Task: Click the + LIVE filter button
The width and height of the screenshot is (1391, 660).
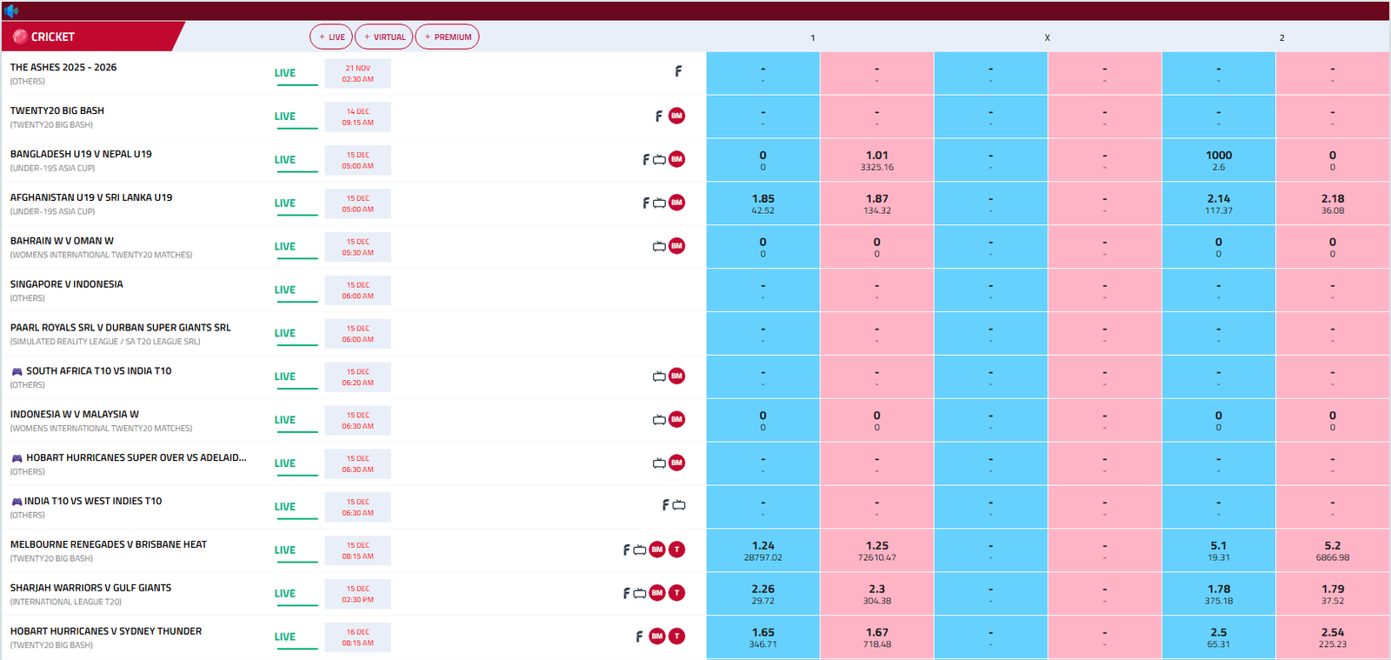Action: pyautogui.click(x=331, y=37)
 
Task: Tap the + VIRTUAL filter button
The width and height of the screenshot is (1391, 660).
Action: pyautogui.click(x=384, y=37)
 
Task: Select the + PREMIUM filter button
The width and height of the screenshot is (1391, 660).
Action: pyautogui.click(x=447, y=37)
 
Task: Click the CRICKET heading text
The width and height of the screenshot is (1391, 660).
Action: pyautogui.click(x=52, y=37)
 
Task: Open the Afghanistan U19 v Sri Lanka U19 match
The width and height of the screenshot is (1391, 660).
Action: pyautogui.click(x=91, y=198)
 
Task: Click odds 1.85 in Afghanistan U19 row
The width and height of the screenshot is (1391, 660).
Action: pyautogui.click(x=762, y=203)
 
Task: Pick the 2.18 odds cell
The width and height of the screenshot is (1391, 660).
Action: pyautogui.click(x=1332, y=203)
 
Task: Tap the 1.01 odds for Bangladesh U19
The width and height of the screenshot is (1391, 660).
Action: pyautogui.click(x=876, y=160)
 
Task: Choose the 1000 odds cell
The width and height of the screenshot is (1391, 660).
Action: pyautogui.click(x=1218, y=160)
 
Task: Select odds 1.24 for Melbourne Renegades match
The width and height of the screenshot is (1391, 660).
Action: pyautogui.click(x=762, y=550)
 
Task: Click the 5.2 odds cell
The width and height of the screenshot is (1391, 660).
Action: pyautogui.click(x=1332, y=550)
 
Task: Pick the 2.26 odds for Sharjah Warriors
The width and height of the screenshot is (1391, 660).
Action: pyautogui.click(x=762, y=594)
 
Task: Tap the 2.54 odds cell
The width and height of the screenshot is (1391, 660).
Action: pyautogui.click(x=1332, y=637)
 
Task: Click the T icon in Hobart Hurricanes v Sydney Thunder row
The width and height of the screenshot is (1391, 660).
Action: pyautogui.click(x=676, y=637)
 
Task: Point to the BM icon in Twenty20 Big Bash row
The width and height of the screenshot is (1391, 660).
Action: pyautogui.click(x=676, y=116)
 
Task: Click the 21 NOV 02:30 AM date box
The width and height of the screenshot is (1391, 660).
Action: pyautogui.click(x=357, y=73)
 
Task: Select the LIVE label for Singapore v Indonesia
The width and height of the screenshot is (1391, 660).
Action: pyautogui.click(x=285, y=290)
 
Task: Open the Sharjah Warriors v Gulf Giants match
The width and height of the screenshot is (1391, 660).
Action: pyautogui.click(x=90, y=589)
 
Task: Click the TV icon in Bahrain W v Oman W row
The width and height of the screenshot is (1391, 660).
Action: pyautogui.click(x=659, y=247)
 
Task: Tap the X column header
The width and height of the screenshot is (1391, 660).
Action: pyautogui.click(x=1047, y=37)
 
